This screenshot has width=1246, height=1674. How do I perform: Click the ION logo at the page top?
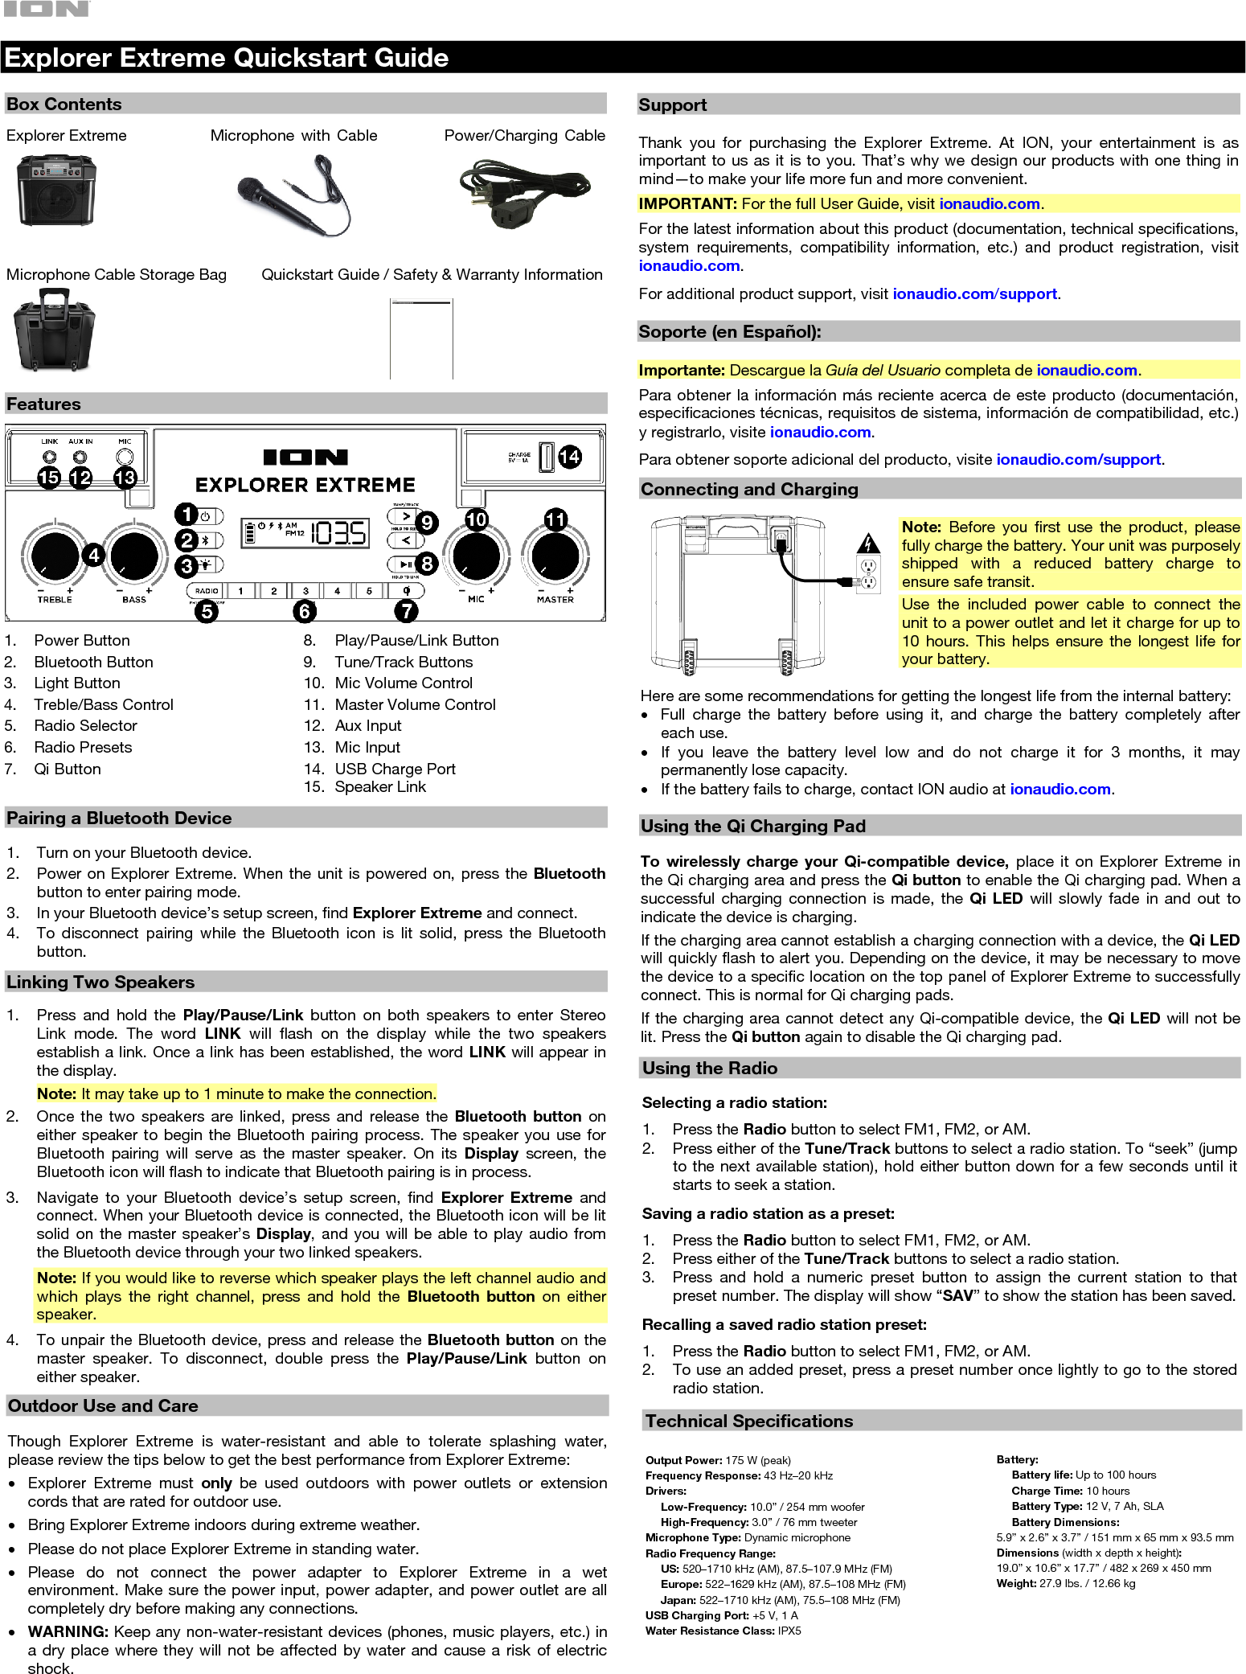click(x=47, y=10)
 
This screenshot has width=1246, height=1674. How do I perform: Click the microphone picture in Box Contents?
click(x=294, y=195)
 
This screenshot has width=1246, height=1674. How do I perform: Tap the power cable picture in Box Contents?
click(x=524, y=195)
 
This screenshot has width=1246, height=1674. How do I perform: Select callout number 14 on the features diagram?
click(x=569, y=457)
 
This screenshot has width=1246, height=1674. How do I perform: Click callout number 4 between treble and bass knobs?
click(x=94, y=555)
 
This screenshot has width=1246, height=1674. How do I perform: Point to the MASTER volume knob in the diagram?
click(x=555, y=556)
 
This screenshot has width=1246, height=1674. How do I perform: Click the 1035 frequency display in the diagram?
click(x=338, y=533)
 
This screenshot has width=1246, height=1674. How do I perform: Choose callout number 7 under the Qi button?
click(x=407, y=611)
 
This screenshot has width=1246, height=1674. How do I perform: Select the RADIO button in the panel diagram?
click(x=207, y=591)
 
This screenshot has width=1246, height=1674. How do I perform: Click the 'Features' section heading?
click(x=43, y=404)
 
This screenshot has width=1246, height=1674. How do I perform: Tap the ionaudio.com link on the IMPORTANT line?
click(x=990, y=204)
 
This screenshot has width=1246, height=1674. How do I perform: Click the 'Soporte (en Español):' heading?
click(x=729, y=331)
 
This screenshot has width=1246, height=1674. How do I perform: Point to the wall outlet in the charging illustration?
click(x=868, y=574)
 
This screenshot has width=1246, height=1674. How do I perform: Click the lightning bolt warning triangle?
click(x=868, y=544)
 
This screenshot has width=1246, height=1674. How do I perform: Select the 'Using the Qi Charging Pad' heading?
click(x=752, y=826)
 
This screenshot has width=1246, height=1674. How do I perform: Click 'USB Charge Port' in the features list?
click(x=395, y=769)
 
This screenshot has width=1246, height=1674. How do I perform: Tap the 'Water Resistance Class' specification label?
click(x=709, y=1631)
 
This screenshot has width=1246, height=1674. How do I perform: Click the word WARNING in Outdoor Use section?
click(x=68, y=1631)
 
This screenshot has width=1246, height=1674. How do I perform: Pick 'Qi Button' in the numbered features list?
click(x=68, y=769)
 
